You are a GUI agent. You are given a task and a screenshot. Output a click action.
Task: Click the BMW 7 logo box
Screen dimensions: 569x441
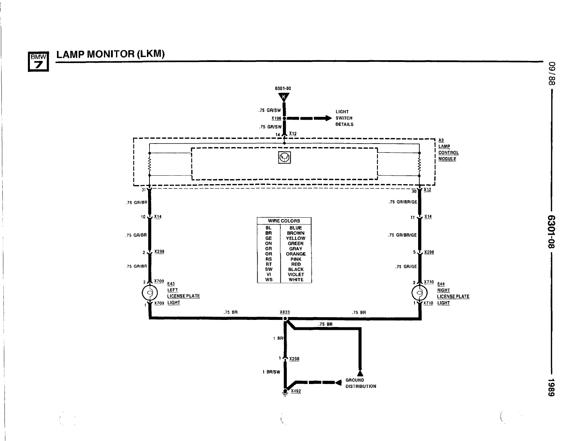coord(38,61)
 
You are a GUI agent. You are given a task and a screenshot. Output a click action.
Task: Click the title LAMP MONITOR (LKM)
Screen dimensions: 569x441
coord(111,54)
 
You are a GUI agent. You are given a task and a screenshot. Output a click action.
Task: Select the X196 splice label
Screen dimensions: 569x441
coord(276,118)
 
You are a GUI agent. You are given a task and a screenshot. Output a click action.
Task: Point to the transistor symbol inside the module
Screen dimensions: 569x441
coord(284,157)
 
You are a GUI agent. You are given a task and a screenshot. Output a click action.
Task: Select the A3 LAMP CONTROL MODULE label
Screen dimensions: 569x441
coord(448,150)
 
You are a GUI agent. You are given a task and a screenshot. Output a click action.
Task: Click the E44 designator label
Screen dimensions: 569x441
coord(441,284)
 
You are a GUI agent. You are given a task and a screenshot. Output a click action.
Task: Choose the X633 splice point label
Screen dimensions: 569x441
coord(285,312)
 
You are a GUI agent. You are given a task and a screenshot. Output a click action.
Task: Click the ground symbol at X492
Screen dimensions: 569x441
coord(285,392)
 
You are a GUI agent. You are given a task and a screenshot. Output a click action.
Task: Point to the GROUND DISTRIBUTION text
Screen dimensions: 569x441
coord(360,383)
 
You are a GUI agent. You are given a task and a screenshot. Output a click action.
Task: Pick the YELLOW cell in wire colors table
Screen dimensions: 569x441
coord(296,238)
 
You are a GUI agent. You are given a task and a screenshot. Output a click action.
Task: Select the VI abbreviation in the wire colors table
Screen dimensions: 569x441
coord(269,275)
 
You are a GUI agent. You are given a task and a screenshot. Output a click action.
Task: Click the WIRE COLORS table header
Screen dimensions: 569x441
coord(284,221)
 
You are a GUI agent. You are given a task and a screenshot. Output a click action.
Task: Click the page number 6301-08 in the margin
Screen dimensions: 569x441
coord(551,232)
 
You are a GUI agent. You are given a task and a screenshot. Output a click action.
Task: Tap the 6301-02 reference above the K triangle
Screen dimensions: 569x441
coord(283,88)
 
